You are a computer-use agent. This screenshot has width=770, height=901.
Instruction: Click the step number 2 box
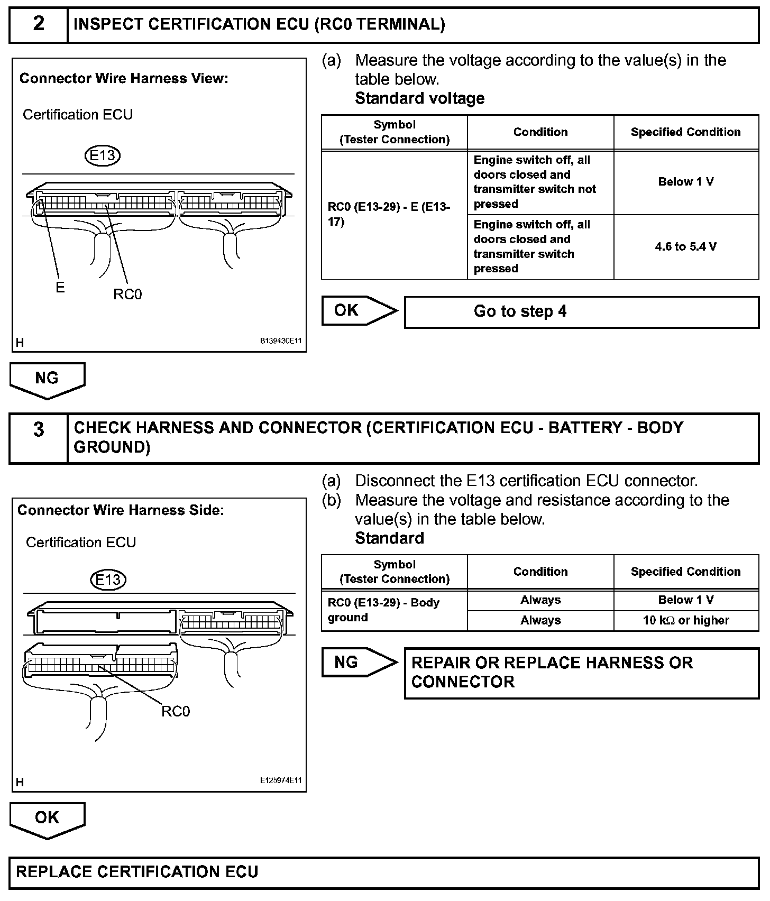[x=39, y=24]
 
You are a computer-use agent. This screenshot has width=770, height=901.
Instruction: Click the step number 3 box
[x=39, y=438]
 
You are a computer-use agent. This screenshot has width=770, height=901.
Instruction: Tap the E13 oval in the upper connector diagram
[x=103, y=155]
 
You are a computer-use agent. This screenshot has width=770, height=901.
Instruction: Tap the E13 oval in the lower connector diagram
[x=108, y=580]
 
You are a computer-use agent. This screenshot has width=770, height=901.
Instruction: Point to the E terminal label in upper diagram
[x=60, y=287]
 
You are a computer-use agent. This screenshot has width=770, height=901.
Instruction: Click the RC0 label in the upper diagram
[x=127, y=295]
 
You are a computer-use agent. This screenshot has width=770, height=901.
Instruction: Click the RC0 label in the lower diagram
[x=176, y=711]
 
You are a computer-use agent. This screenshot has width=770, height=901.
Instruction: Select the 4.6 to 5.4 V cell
[x=686, y=247]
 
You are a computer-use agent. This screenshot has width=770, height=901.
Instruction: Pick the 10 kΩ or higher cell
[x=686, y=620]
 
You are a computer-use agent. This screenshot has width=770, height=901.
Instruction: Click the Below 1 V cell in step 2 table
[x=686, y=182]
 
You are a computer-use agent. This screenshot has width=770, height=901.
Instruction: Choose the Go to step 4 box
[x=581, y=311]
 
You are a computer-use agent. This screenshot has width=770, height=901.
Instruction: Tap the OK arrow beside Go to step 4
[x=359, y=310]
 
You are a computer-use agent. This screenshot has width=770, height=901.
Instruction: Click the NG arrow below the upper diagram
[x=47, y=379]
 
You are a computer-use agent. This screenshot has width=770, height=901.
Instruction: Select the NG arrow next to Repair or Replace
[x=359, y=662]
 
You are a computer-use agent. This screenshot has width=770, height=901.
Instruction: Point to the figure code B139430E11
[x=280, y=341]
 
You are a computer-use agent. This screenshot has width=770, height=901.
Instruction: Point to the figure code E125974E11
[x=280, y=780]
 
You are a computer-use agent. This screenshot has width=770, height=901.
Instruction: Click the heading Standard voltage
[x=419, y=98]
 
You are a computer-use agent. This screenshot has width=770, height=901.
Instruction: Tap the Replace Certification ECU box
[x=384, y=872]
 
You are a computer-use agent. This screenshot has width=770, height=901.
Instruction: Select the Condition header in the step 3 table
[x=540, y=572]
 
